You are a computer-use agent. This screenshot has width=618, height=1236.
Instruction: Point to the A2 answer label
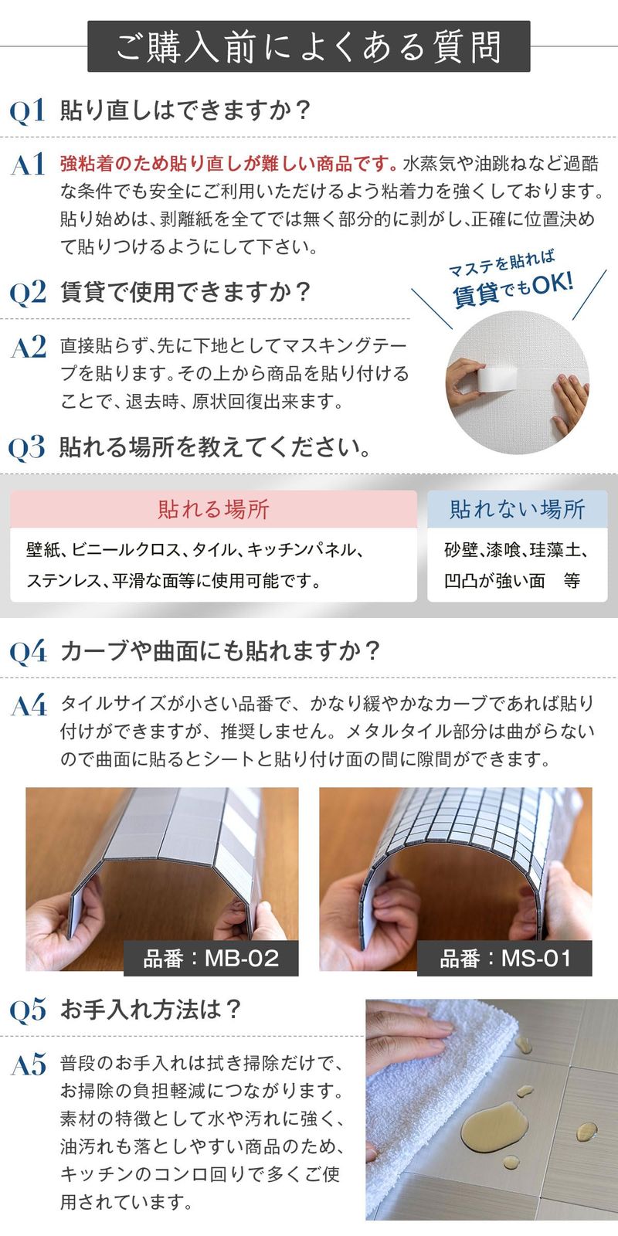pyautogui.click(x=28, y=347)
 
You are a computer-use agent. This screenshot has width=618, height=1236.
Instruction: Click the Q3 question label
pyautogui.click(x=26, y=447)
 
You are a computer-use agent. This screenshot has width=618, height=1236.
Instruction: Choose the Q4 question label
pyautogui.click(x=28, y=652)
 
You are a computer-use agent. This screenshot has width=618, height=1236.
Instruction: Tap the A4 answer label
pyautogui.click(x=29, y=706)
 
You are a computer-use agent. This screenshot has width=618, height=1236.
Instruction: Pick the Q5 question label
pyautogui.click(x=28, y=1010)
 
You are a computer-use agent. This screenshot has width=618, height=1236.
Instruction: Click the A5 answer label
pyautogui.click(x=28, y=1065)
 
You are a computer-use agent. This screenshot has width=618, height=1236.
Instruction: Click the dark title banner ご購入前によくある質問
pyautogui.click(x=309, y=46)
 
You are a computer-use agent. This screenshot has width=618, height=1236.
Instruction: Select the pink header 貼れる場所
pyautogui.click(x=213, y=509)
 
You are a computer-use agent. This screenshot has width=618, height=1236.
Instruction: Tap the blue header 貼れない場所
pyautogui.click(x=517, y=509)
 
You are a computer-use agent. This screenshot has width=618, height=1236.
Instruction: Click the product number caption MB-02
pyautogui.click(x=211, y=959)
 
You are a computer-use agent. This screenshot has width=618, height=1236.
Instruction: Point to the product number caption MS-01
pyautogui.click(x=504, y=959)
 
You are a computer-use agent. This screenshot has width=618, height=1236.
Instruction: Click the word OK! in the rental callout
pyautogui.click(x=553, y=284)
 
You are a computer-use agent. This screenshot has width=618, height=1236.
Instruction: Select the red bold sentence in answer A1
pyautogui.click(x=229, y=164)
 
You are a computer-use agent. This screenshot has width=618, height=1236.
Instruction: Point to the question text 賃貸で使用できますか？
pyautogui.click(x=185, y=292)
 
